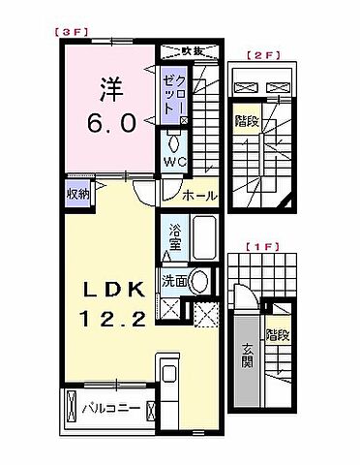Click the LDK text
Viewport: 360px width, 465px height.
pyautogui.click(x=107, y=290)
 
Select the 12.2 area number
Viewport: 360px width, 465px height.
pyautogui.click(x=107, y=321)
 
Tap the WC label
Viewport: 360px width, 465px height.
pyautogui.click(x=174, y=161)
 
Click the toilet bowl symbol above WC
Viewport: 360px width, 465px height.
pyautogui.click(x=174, y=139)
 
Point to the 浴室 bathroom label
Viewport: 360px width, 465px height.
pyautogui.click(x=175, y=238)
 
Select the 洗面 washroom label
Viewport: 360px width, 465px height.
pyautogui.click(x=174, y=283)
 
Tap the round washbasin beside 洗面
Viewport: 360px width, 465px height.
pyautogui.click(x=199, y=282)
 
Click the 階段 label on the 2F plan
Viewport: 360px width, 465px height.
pyautogui.click(x=246, y=122)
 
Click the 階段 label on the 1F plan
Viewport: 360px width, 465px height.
pyautogui.click(x=278, y=337)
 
